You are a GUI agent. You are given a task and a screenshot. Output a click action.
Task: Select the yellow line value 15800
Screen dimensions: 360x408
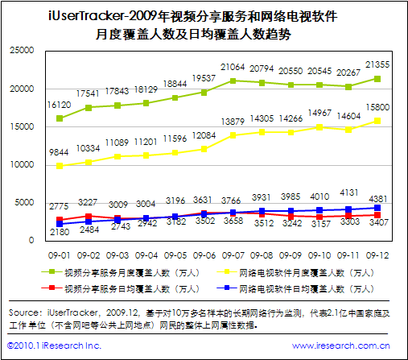[x=377, y=106]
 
